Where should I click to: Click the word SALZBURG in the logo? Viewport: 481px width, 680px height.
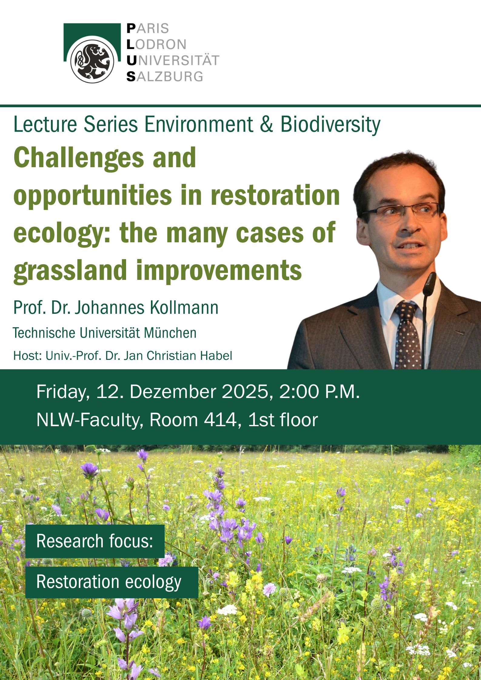[165, 77]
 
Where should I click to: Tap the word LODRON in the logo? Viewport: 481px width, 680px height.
[156, 45]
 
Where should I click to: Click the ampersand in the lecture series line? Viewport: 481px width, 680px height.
[266, 124]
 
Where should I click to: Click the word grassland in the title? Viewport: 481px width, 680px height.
[70, 270]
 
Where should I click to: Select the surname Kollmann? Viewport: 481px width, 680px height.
[184, 308]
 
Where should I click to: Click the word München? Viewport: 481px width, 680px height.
[170, 333]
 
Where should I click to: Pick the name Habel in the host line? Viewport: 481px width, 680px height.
[218, 356]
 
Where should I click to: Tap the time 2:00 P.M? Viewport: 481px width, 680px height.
[319, 391]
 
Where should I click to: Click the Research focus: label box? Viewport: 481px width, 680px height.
[95, 541]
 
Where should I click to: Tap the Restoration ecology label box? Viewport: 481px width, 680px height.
[112, 582]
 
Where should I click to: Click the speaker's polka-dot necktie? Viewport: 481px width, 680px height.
[407, 336]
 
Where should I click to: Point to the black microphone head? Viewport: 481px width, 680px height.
[429, 283]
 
